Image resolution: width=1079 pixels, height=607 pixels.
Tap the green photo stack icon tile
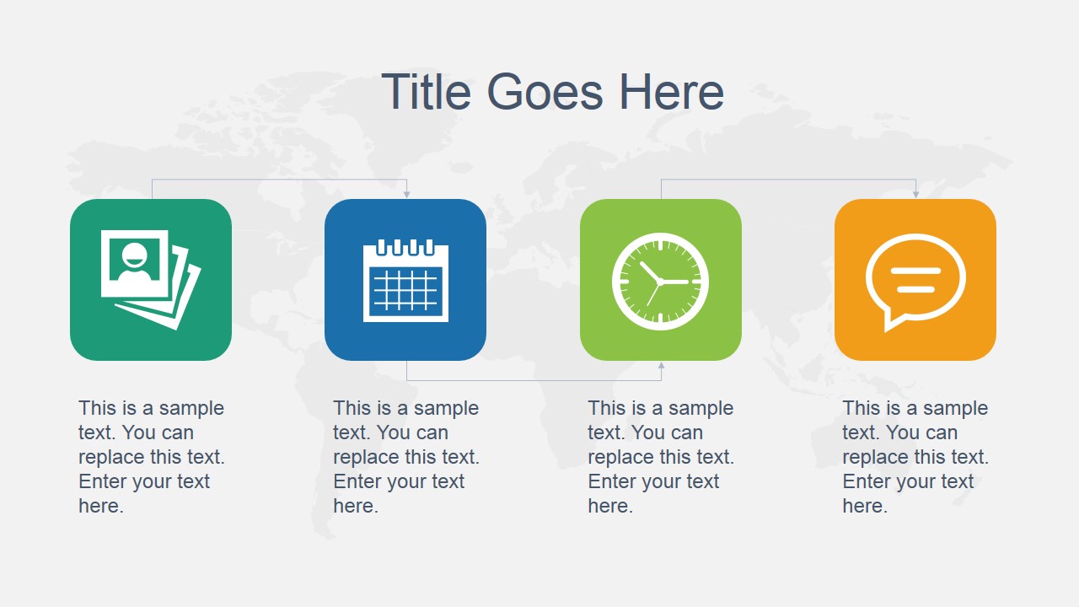point(151,280)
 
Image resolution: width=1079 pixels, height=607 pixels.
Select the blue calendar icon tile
point(405,280)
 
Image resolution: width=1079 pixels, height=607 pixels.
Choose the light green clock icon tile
point(661,280)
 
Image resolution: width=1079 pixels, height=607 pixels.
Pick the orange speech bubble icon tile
point(915,280)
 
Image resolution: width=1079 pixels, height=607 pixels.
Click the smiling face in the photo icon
point(135,260)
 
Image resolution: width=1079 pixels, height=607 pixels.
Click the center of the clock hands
point(659,282)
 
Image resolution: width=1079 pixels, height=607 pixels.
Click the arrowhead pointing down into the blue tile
point(406,194)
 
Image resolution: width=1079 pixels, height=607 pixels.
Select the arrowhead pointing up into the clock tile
point(661,366)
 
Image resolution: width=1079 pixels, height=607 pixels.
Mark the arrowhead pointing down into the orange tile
point(915,194)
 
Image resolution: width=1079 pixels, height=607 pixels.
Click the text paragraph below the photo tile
point(152,457)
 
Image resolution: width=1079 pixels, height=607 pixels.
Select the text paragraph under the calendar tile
point(406,457)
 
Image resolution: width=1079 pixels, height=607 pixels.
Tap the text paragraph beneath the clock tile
point(661,457)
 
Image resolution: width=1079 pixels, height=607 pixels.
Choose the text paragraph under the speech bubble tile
point(915,457)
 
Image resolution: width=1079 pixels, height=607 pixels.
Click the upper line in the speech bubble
point(915,271)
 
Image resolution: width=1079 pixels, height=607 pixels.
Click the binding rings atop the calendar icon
point(405,246)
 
